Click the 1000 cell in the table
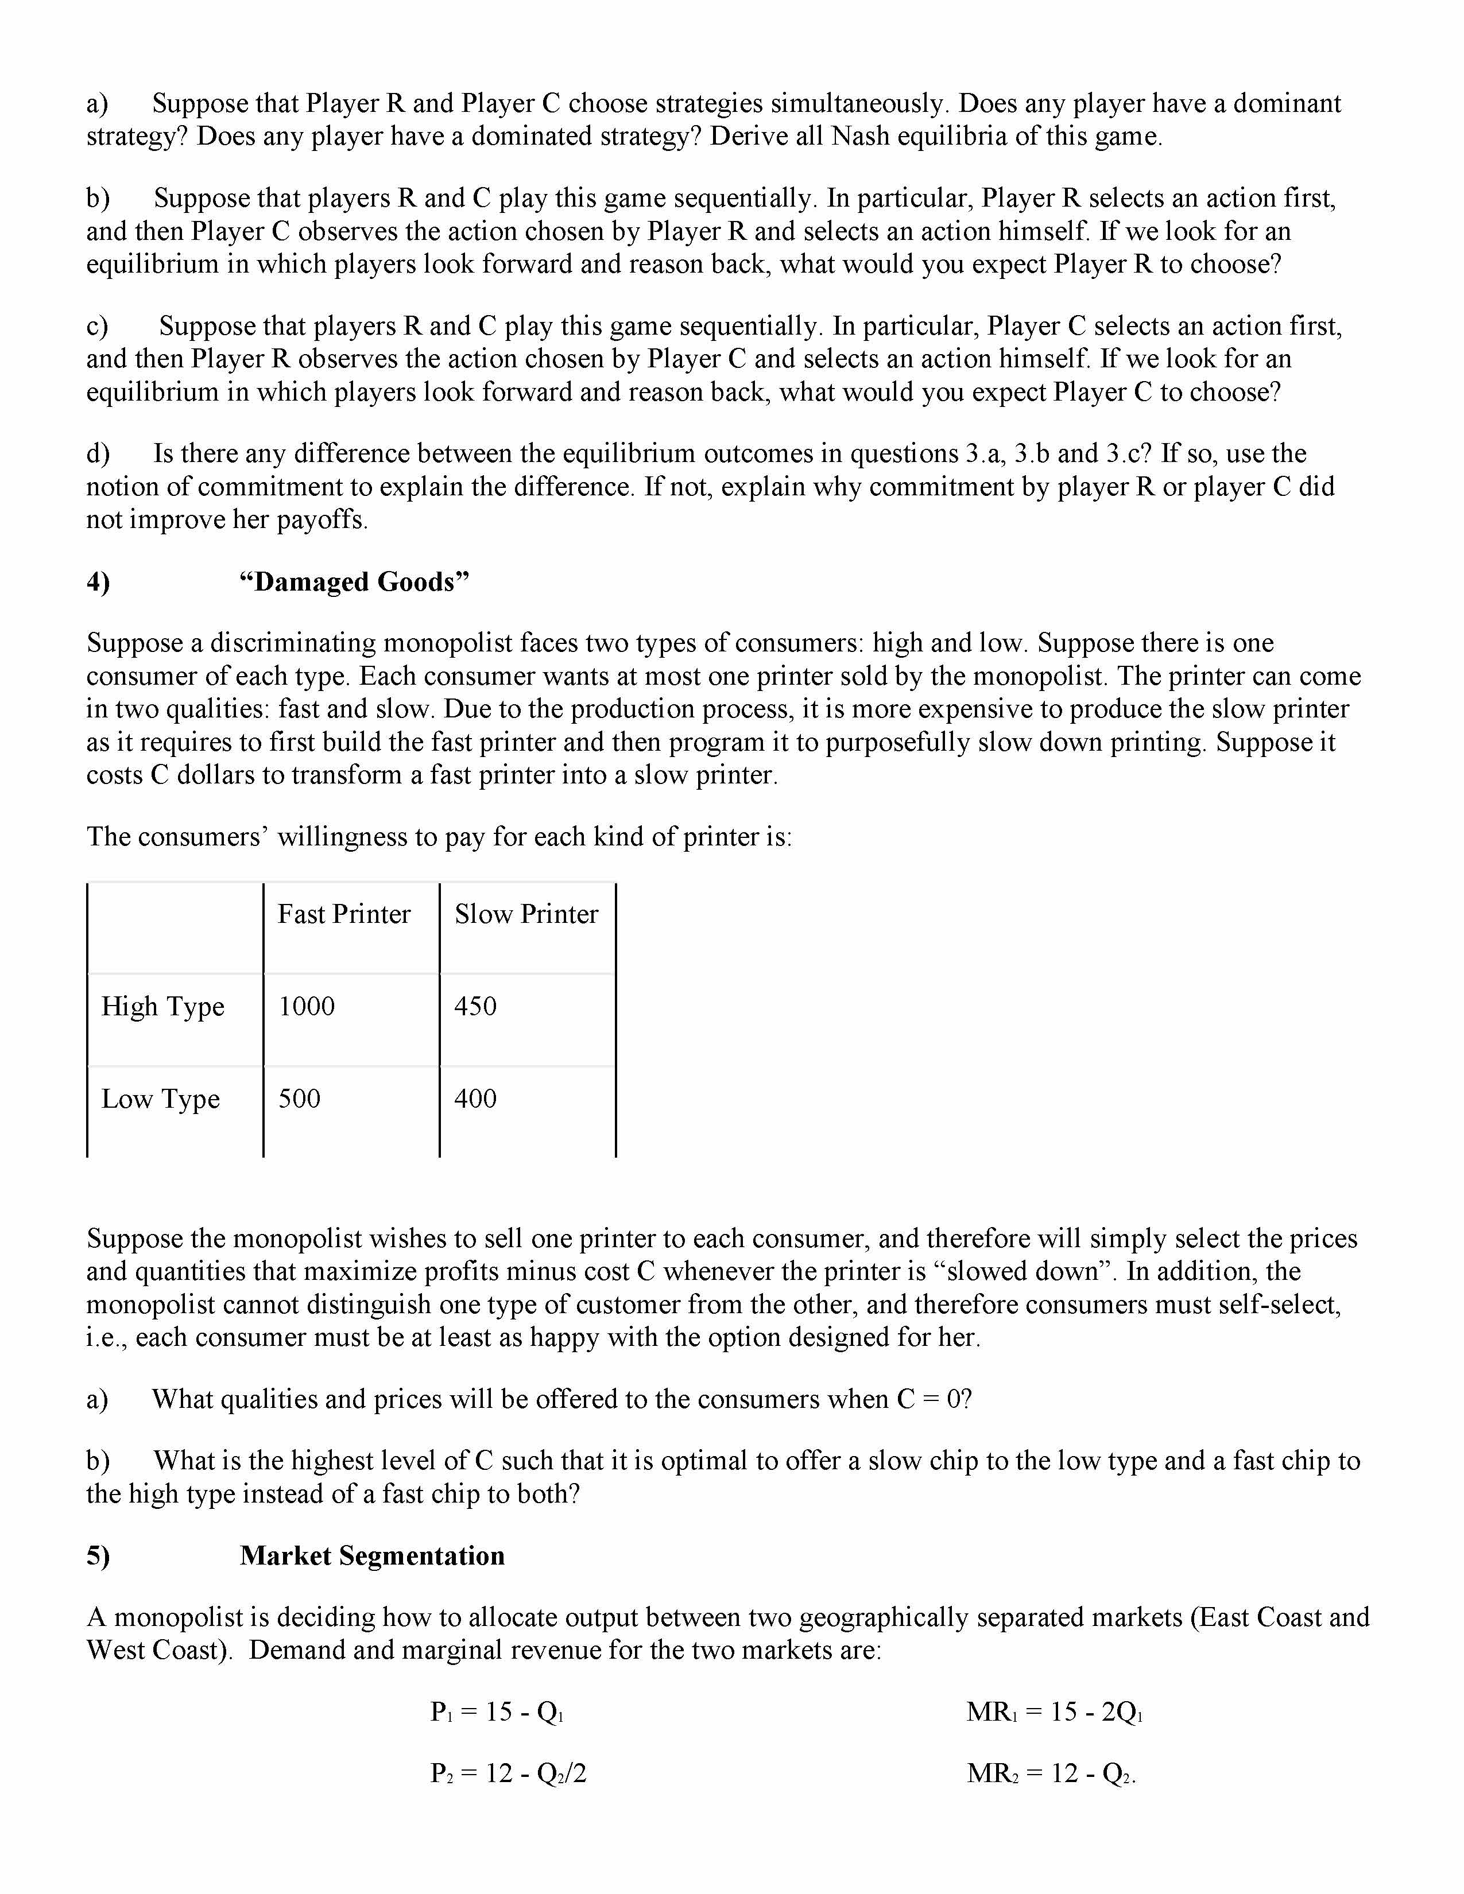306,1006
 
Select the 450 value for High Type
475,1006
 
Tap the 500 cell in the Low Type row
299,1099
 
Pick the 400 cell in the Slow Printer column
475,1099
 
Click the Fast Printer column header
343,914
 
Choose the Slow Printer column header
525,914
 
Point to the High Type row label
163,1006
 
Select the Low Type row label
160,1099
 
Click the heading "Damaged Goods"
354,581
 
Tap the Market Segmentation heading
372,1556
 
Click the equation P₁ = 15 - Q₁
497,1712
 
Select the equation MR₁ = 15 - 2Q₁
1054,1712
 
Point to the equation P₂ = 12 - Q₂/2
508,1773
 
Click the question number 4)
98,581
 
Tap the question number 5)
98,1556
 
